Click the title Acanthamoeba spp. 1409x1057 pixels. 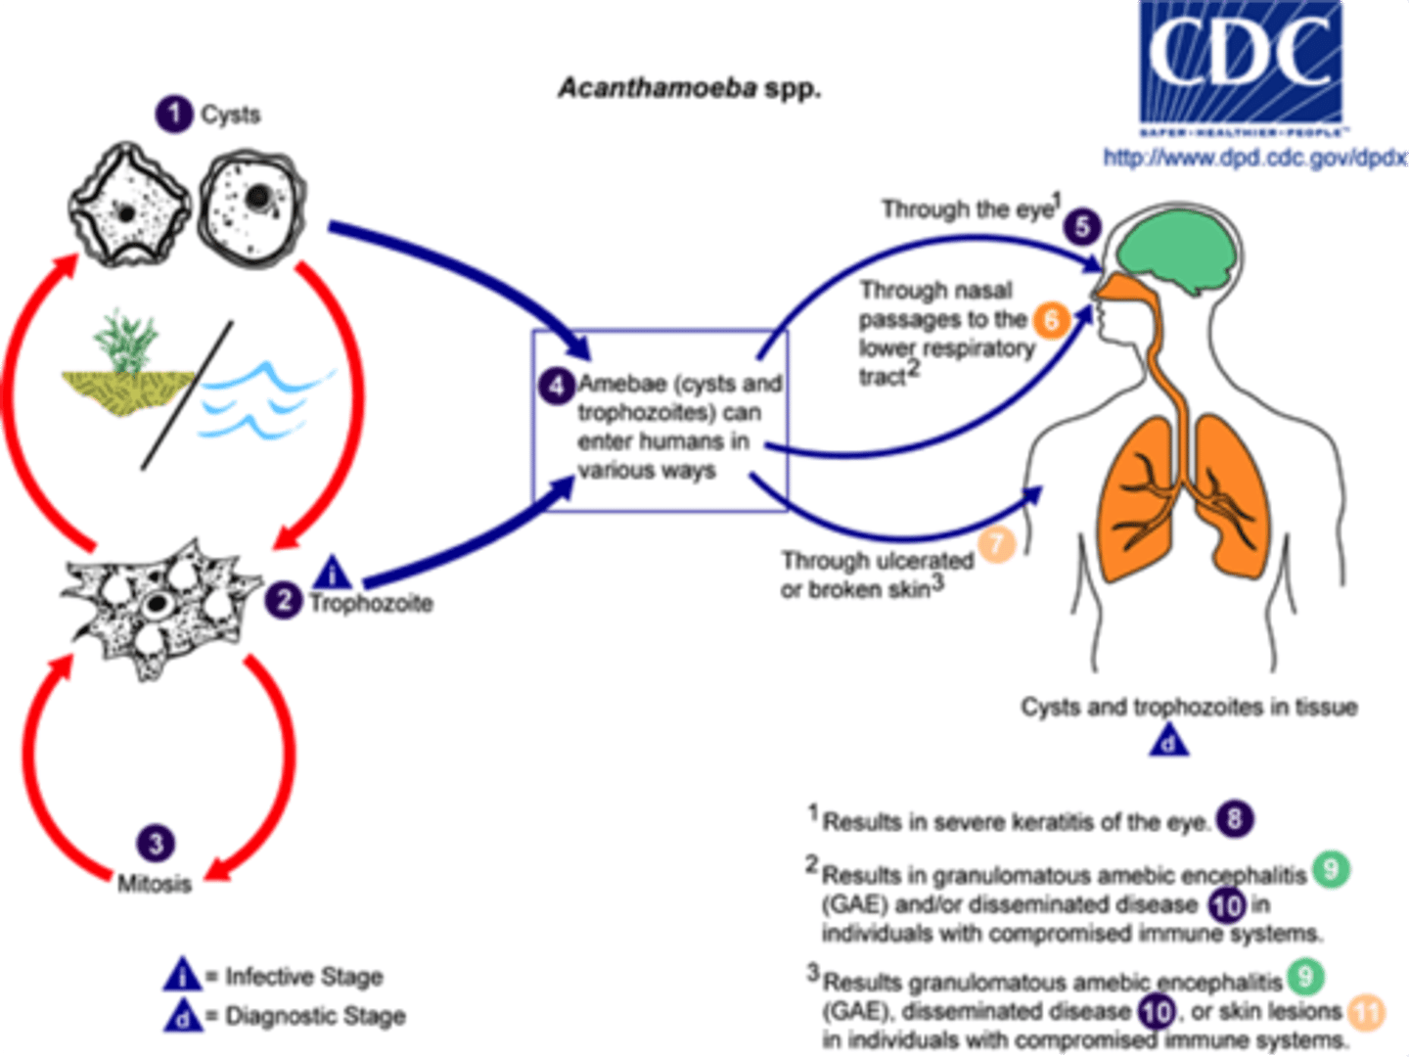click(689, 88)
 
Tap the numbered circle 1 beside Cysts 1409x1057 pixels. click(174, 114)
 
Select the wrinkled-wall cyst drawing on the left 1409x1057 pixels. click(128, 207)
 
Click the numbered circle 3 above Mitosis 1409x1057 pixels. click(156, 843)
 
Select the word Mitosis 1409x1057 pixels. click(155, 883)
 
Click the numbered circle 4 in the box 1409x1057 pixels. click(556, 385)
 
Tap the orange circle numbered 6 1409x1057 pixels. click(1052, 319)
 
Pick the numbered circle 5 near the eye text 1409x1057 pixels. click(1082, 227)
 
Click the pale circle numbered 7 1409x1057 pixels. click(997, 544)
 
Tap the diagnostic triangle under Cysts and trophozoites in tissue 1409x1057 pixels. click(1168, 743)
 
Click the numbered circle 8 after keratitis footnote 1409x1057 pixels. click(1235, 819)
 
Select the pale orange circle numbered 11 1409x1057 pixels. click(1367, 1012)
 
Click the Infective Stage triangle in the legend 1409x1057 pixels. click(183, 975)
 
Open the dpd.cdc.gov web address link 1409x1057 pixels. click(1253, 157)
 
